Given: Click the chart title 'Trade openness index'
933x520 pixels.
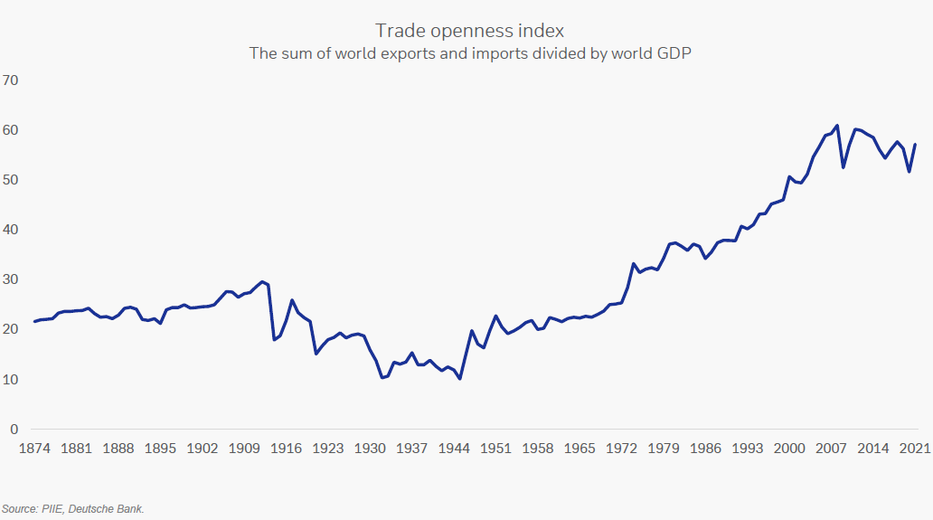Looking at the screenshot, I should (x=469, y=32).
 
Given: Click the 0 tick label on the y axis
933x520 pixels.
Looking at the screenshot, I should (x=13, y=429).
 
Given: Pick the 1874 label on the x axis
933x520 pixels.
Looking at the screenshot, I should (x=35, y=449).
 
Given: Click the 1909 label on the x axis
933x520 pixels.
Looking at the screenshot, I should (x=243, y=449).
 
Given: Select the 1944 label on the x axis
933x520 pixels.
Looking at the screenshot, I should (x=454, y=449).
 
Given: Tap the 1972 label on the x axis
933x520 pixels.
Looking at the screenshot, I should (x=621, y=449).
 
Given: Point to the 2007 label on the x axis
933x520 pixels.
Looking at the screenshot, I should (x=831, y=449).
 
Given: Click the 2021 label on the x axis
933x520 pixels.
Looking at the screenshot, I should (x=914, y=449).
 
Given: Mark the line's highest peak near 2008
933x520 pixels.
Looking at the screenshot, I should (x=837, y=126).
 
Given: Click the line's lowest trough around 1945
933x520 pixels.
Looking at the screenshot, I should (x=460, y=379).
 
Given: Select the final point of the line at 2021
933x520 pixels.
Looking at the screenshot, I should (x=915, y=145).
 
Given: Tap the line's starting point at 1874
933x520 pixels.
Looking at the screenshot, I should (x=35, y=321).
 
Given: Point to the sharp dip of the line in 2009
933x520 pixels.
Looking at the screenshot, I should (x=843, y=167).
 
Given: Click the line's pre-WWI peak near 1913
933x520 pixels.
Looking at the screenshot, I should (x=262, y=281).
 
